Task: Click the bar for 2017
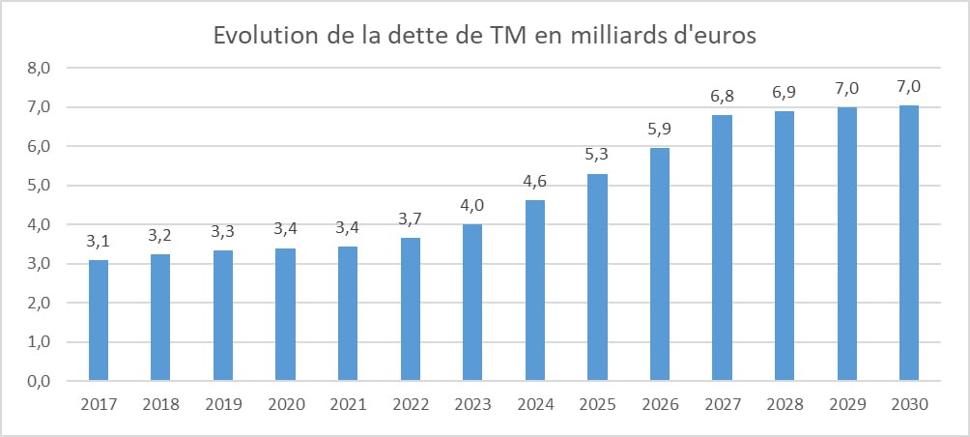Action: pyautogui.click(x=98, y=320)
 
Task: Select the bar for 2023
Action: pyautogui.click(x=471, y=303)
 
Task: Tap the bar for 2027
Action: pyautogui.click(x=722, y=248)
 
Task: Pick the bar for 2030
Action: pyautogui.click(x=908, y=243)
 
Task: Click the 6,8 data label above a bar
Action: pyautogui.click(x=722, y=98)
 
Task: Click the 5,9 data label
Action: pyautogui.click(x=659, y=131)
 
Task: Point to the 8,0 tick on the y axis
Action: pyautogui.click(x=40, y=69)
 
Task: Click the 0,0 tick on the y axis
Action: pyautogui.click(x=40, y=381)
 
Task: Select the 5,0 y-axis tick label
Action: pyautogui.click(x=40, y=186)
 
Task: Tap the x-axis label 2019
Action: pyautogui.click(x=222, y=406)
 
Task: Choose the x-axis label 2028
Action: pyautogui.click(x=784, y=406)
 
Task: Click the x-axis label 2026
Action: pyautogui.click(x=659, y=406)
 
